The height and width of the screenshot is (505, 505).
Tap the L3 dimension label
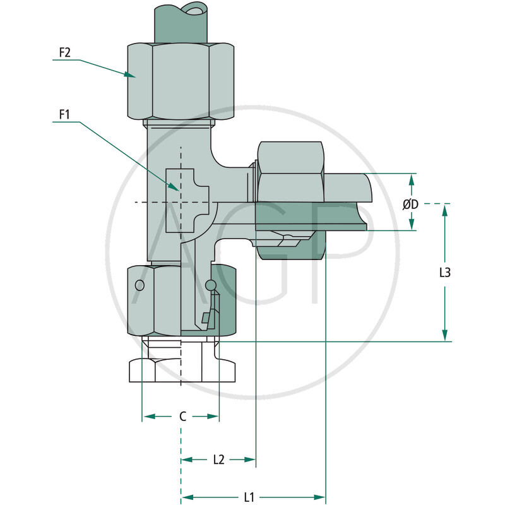tap(444, 273)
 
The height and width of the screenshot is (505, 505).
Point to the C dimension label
tap(182, 417)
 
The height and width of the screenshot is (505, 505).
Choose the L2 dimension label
tap(218, 460)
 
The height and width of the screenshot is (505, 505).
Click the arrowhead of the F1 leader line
tap(176, 187)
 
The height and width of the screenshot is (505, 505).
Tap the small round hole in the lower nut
tap(139, 286)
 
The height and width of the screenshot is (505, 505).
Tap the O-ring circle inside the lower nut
tap(211, 286)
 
